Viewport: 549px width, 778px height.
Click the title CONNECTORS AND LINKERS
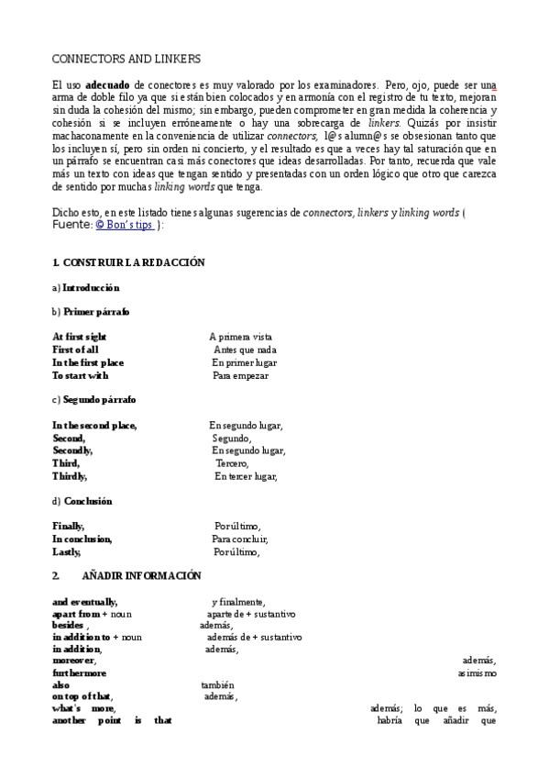pos(126,58)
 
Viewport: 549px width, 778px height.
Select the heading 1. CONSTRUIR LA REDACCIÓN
pos(128,262)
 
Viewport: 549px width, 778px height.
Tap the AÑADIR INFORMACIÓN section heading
pos(141,575)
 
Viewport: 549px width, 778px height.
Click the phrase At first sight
pos(79,337)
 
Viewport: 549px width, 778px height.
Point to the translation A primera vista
pos(240,337)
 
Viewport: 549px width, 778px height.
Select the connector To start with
pos(80,375)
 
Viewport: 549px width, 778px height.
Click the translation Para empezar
pos(240,375)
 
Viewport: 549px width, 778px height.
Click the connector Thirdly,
pos(70,476)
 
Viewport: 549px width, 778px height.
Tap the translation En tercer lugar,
pos(245,476)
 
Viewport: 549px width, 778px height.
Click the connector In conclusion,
pos(82,539)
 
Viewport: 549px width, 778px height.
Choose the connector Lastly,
pos(67,552)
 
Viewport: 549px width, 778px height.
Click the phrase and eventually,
pos(84,601)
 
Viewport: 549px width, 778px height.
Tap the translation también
pos(218,684)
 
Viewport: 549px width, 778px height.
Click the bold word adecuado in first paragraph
pos(107,83)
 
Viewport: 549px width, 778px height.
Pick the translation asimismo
pos(477,672)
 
